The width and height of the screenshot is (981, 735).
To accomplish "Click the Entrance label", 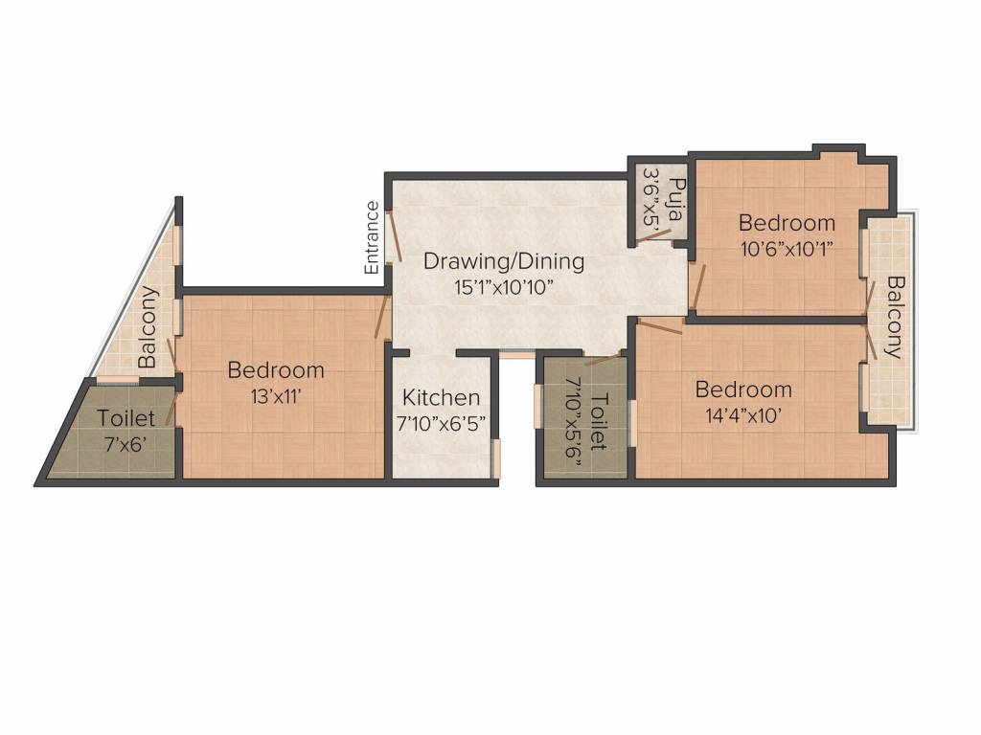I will click(372, 237).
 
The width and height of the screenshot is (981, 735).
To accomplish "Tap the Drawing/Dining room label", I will click(504, 261).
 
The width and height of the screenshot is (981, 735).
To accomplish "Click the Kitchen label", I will click(441, 397).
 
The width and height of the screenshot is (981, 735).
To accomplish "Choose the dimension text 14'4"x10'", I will click(743, 414).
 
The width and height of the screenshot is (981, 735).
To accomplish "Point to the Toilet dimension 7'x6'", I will click(125, 443).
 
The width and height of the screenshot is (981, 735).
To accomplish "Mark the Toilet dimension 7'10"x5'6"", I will click(576, 412).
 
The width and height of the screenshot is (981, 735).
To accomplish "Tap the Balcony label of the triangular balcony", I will click(148, 327).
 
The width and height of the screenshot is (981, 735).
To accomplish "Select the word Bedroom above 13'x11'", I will click(276, 369).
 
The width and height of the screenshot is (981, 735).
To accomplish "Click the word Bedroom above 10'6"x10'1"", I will click(787, 223).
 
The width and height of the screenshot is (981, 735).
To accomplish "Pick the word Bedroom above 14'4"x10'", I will click(743, 390).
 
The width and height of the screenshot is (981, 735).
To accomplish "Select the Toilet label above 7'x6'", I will click(125, 419).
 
